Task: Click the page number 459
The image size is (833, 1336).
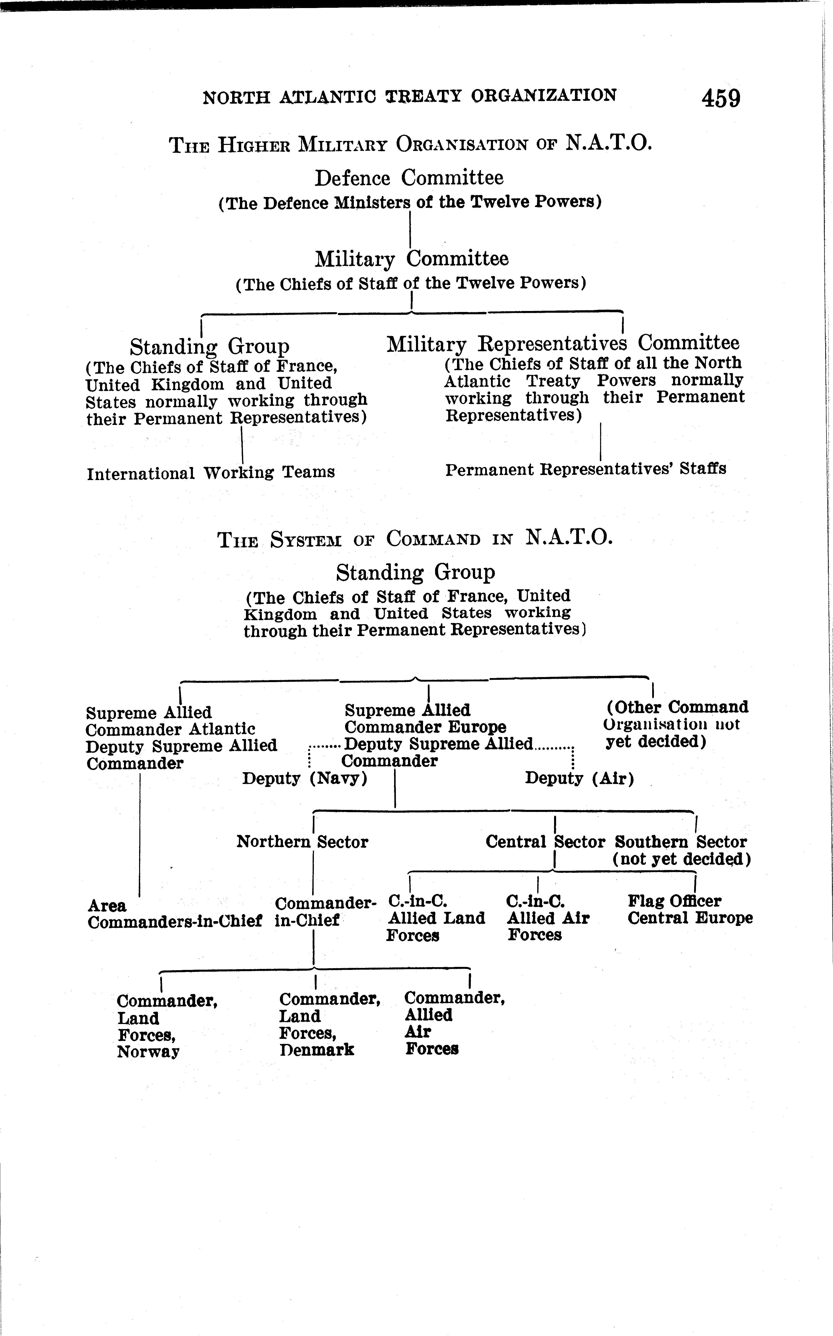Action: click(721, 99)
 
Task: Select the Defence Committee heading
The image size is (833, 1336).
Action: click(409, 178)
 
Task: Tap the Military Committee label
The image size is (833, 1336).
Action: click(411, 259)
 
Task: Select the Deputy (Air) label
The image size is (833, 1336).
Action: click(579, 779)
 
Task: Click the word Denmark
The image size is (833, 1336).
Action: click(316, 1049)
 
